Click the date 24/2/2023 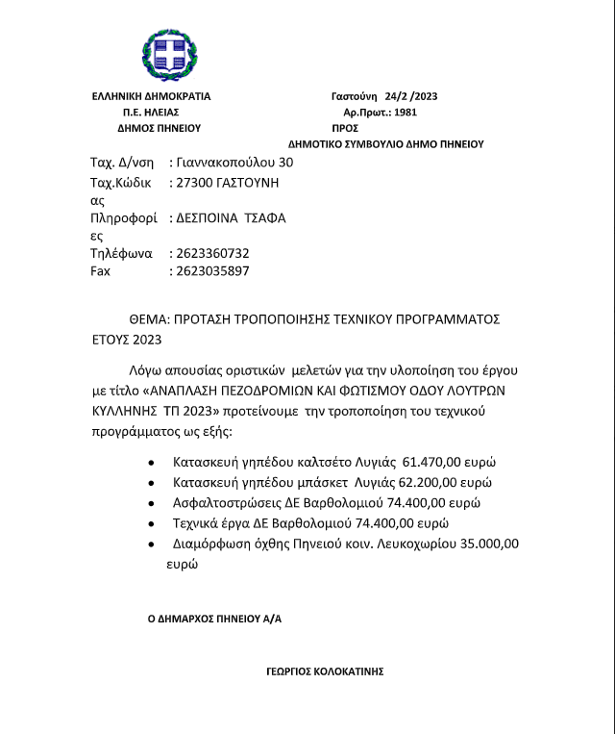[x=410, y=96]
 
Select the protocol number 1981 [x=406, y=112]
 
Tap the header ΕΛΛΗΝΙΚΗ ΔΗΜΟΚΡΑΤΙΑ [x=151, y=96]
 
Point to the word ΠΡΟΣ [x=345, y=127]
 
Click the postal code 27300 [x=194, y=181]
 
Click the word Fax [x=100, y=271]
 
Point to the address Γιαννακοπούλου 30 [x=229, y=163]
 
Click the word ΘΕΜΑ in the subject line [x=149, y=318]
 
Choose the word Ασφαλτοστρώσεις [x=231, y=503]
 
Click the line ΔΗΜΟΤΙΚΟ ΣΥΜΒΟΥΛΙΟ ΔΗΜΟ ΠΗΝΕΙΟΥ [x=385, y=143]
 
